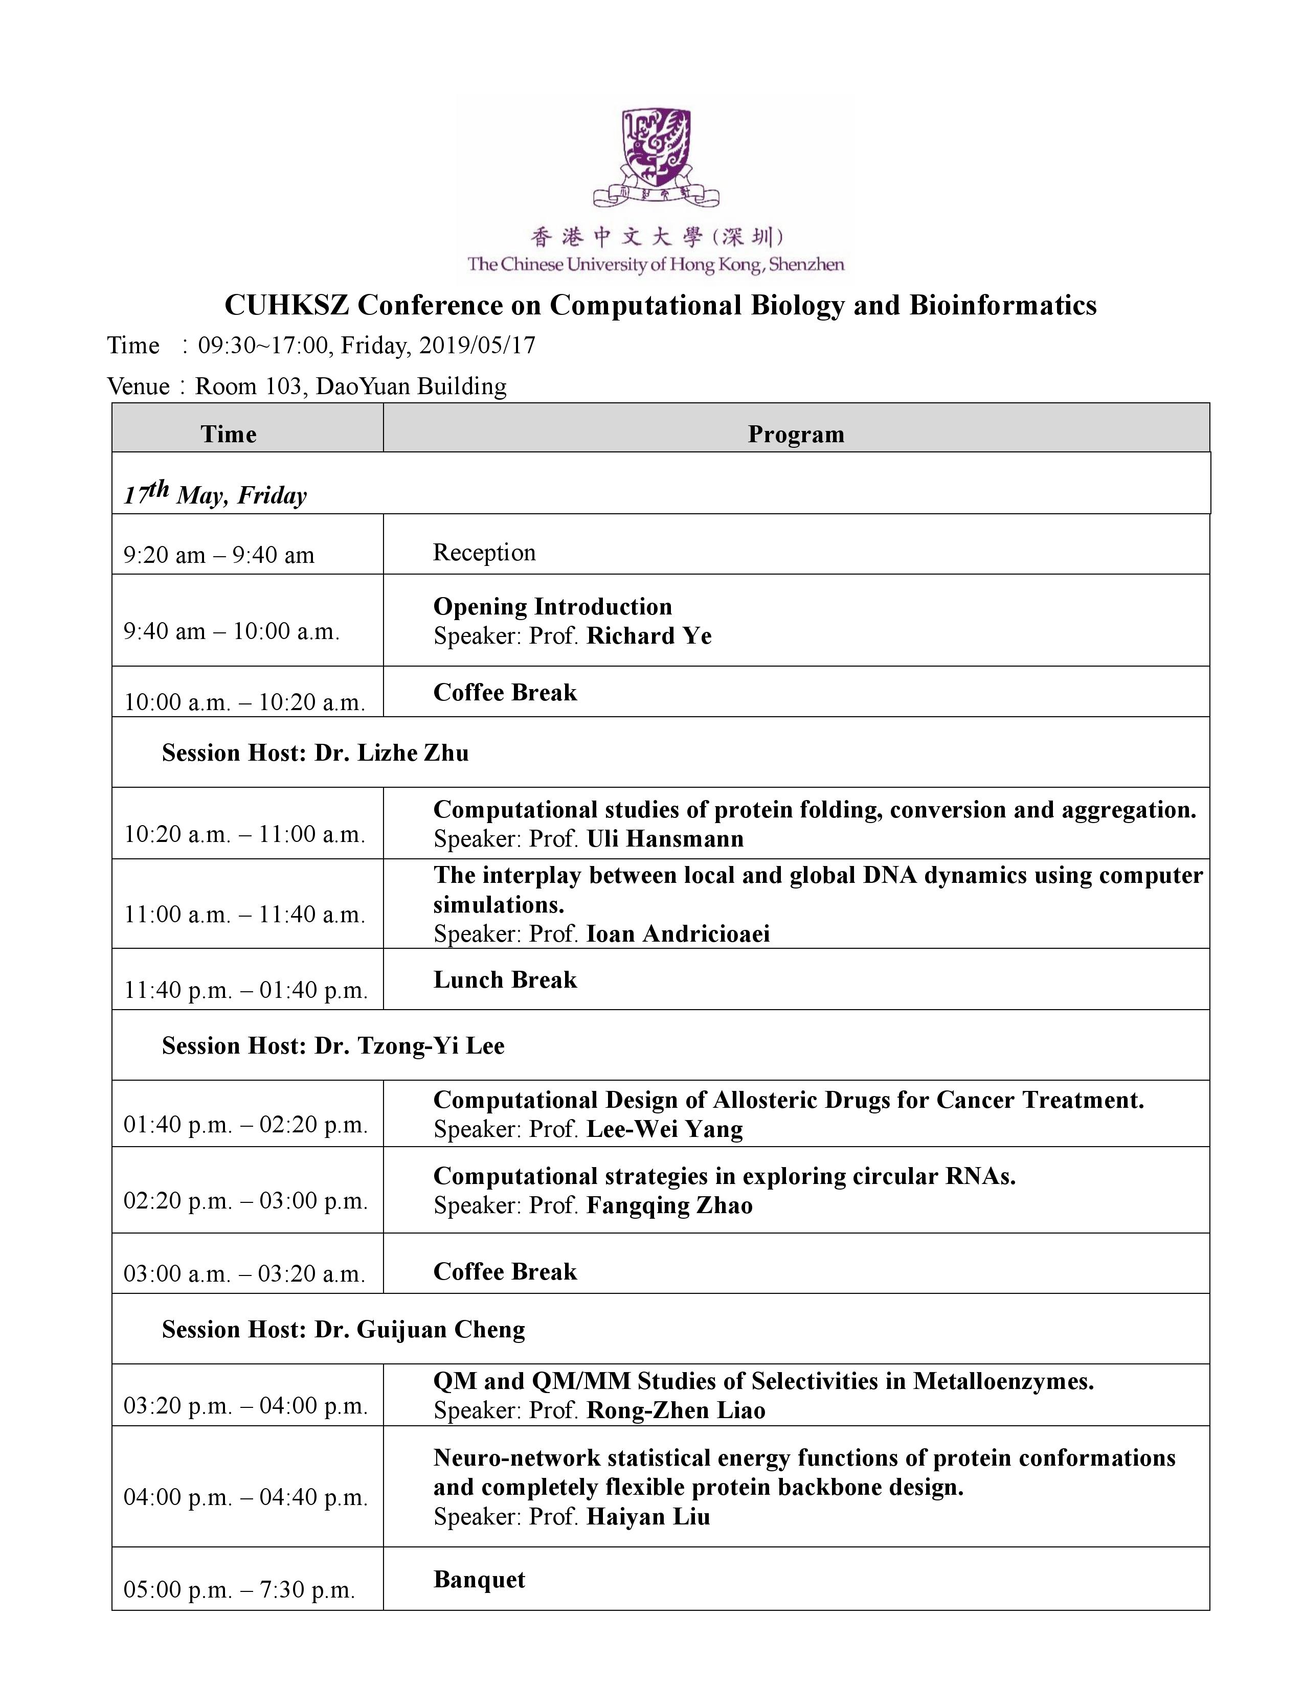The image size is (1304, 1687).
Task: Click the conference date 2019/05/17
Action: click(x=477, y=345)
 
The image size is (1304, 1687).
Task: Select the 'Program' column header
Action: click(x=796, y=434)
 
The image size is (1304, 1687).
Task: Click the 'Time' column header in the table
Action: click(x=229, y=434)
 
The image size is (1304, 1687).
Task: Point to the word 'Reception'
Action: click(x=484, y=552)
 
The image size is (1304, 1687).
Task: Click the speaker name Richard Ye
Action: click(x=649, y=636)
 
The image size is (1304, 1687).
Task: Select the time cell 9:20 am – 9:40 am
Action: click(x=219, y=555)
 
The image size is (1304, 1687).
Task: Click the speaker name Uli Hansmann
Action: click(x=665, y=839)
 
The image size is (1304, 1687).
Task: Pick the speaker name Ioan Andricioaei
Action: click(x=678, y=934)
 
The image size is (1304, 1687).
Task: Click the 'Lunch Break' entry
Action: click(x=505, y=979)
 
